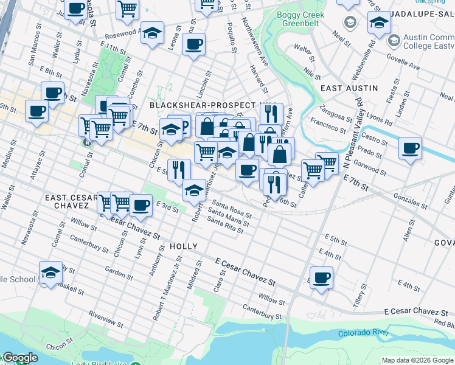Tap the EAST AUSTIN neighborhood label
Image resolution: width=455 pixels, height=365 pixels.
tap(349, 88)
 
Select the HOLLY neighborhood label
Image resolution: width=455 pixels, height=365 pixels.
tap(183, 246)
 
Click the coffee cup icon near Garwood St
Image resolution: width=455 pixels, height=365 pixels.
tap(410, 148)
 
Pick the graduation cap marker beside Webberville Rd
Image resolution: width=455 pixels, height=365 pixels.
tap(379, 23)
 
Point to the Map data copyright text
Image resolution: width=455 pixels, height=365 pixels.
tap(417, 360)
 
